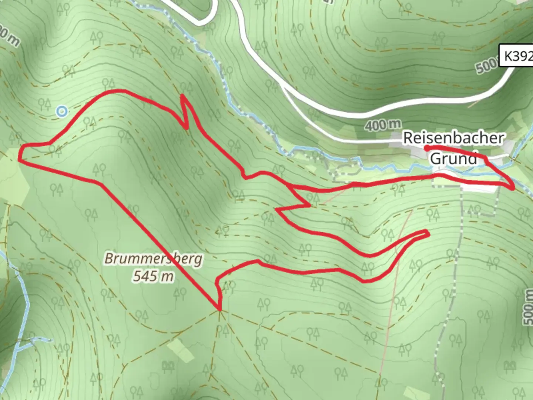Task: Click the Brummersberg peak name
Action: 153,259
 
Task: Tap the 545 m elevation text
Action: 153,276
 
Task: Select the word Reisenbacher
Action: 453,138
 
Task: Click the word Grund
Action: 453,159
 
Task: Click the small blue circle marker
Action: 62,111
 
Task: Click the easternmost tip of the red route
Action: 513,189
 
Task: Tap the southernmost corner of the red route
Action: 220,309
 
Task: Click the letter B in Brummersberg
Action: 109,259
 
